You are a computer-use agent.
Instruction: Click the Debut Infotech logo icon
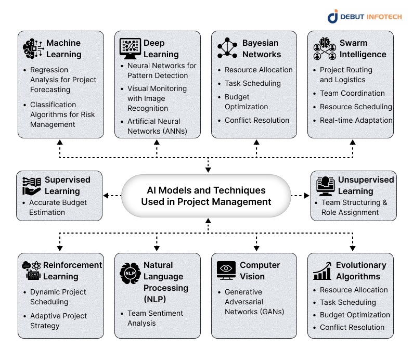(x=333, y=17)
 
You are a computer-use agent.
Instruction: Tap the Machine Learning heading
(x=63, y=48)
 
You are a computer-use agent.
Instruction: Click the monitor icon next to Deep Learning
(x=130, y=48)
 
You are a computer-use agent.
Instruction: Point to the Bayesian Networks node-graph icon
(x=227, y=48)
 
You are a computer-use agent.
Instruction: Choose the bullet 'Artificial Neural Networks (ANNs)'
(x=161, y=126)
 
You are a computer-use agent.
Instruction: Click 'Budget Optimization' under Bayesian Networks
(x=246, y=102)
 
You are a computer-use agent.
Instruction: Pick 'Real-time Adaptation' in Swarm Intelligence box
(x=356, y=120)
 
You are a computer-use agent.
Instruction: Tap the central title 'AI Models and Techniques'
(x=206, y=190)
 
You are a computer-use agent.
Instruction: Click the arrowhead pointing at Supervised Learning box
(x=106, y=196)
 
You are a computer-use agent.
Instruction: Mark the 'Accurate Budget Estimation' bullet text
(x=58, y=207)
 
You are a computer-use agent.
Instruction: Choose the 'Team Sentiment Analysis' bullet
(x=155, y=318)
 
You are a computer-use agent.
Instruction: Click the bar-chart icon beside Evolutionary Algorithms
(x=323, y=271)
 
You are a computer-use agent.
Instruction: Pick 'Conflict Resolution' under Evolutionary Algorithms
(x=352, y=327)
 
